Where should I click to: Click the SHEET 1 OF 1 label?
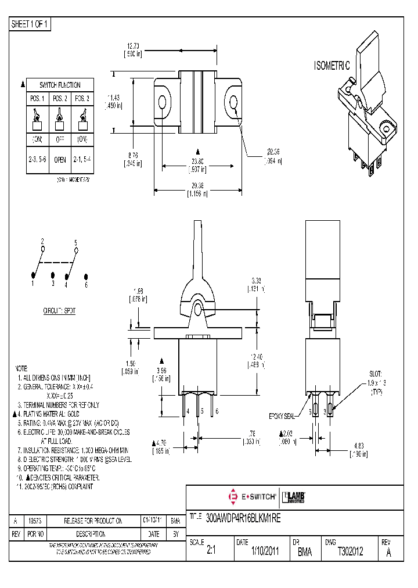point(31,24)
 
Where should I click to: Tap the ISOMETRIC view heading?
point(332,66)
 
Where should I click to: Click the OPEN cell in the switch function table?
point(60,159)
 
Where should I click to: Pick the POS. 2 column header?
point(60,98)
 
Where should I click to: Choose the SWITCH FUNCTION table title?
point(60,85)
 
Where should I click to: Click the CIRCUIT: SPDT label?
point(59,311)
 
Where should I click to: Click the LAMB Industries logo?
point(294,497)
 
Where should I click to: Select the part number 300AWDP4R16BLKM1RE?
point(243,520)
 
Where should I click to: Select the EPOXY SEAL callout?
point(283,417)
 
